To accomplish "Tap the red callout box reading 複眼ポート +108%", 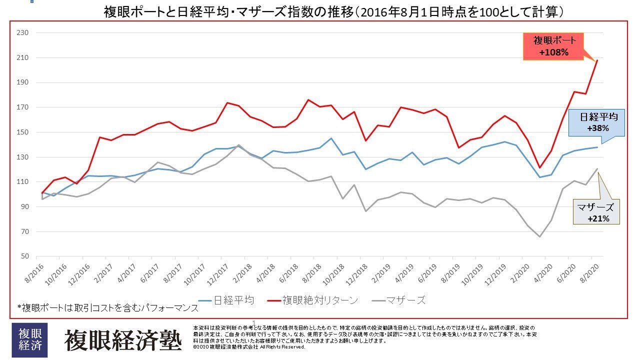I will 554,46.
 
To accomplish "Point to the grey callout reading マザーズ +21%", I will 594,213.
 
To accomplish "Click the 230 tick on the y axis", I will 23,33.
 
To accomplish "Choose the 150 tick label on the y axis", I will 23,132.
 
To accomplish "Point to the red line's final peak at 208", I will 597,60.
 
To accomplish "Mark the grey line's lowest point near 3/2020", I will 539,236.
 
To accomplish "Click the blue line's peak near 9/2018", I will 330,138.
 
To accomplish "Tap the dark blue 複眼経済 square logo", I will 29,340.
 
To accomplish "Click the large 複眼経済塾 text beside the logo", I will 122,340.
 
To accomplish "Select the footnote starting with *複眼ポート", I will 107,308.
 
